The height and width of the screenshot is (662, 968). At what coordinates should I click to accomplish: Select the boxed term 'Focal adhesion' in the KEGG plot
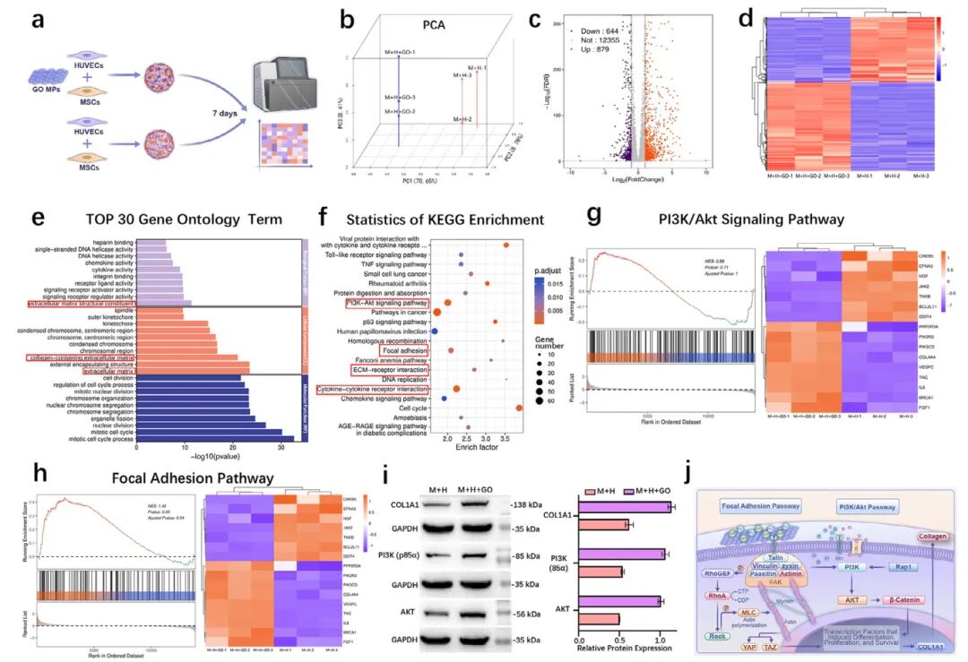[x=402, y=349]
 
